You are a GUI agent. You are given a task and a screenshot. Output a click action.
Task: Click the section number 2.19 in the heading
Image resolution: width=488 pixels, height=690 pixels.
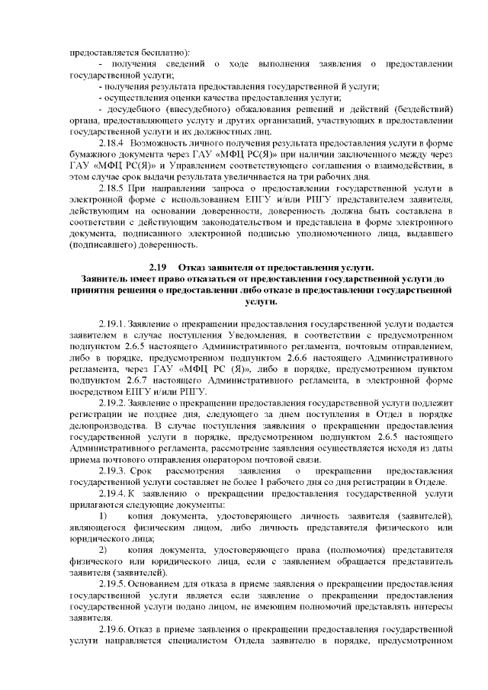[x=158, y=266]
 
